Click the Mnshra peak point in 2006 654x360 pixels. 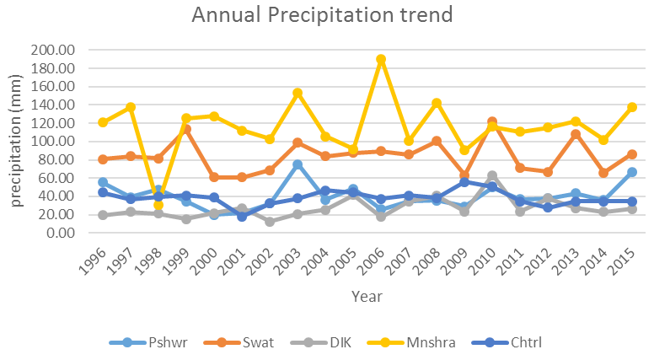[380, 59]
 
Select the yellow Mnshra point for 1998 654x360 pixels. [158, 205]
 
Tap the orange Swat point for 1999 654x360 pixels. [186, 130]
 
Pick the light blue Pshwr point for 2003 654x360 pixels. [298, 164]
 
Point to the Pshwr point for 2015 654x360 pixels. [632, 172]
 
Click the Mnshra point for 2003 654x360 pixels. [298, 93]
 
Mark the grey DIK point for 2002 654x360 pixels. [270, 222]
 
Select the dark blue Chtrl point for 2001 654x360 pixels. [242, 217]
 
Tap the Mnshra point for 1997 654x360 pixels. [131, 107]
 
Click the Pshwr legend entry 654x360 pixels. [148, 343]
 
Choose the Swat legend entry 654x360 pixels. [239, 343]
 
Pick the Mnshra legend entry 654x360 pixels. [411, 343]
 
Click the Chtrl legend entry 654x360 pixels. [507, 343]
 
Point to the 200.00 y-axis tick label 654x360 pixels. [52, 50]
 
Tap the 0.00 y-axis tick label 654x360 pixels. [61, 233]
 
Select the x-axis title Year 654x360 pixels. [367, 297]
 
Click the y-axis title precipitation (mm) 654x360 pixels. [15, 141]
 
